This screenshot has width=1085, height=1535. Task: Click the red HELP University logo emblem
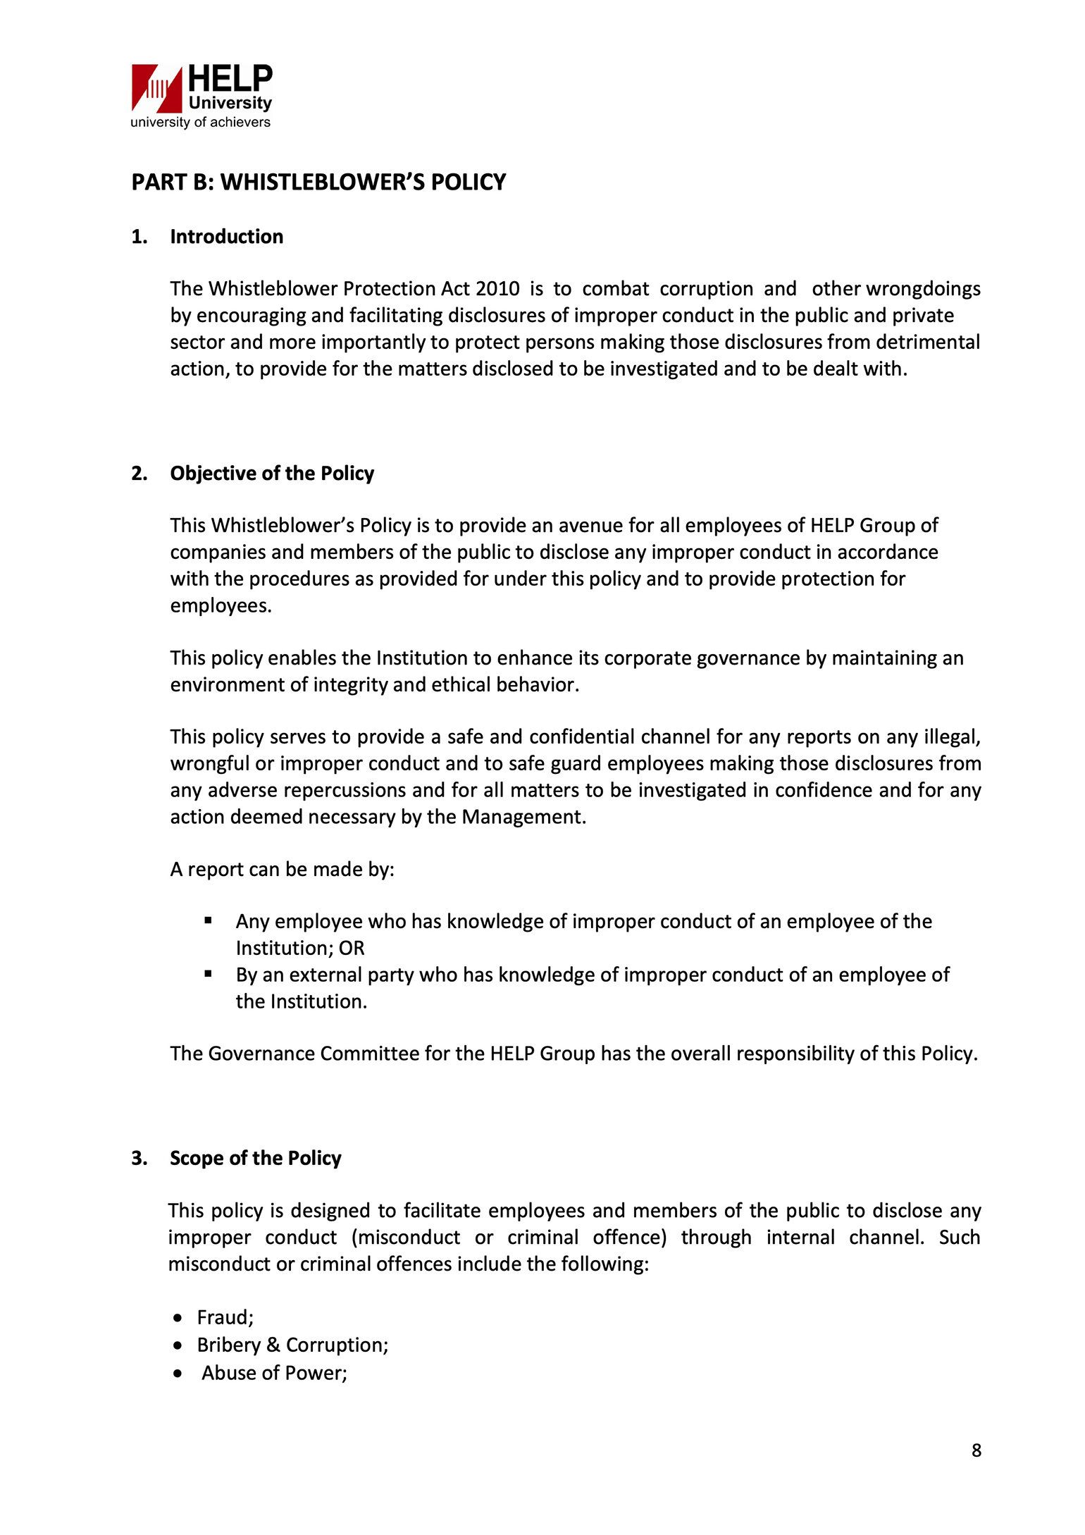(x=156, y=88)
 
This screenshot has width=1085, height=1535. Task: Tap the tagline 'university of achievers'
(x=200, y=122)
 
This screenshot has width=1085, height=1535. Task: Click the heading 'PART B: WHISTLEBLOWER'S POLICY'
(x=318, y=182)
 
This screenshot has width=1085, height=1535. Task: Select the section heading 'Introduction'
(x=226, y=237)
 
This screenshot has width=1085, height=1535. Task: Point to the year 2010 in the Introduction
(x=497, y=289)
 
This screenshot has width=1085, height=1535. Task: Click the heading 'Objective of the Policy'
(x=272, y=474)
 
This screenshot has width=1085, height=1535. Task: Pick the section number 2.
(x=139, y=474)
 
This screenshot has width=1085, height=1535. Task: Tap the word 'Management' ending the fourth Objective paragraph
(x=523, y=817)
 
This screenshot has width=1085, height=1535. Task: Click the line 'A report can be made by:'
(x=282, y=870)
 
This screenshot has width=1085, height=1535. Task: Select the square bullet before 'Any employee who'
(x=208, y=920)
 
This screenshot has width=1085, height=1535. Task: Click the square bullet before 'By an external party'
(x=208, y=974)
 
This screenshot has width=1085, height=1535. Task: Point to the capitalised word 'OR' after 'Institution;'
(x=352, y=949)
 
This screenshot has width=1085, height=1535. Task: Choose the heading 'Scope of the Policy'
(x=255, y=1159)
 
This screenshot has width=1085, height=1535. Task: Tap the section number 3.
(x=139, y=1159)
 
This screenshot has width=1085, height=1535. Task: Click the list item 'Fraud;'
(x=225, y=1317)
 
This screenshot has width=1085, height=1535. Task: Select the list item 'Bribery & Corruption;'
(x=292, y=1345)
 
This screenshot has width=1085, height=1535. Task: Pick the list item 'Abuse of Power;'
(x=274, y=1373)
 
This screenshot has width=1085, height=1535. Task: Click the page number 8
(x=976, y=1450)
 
